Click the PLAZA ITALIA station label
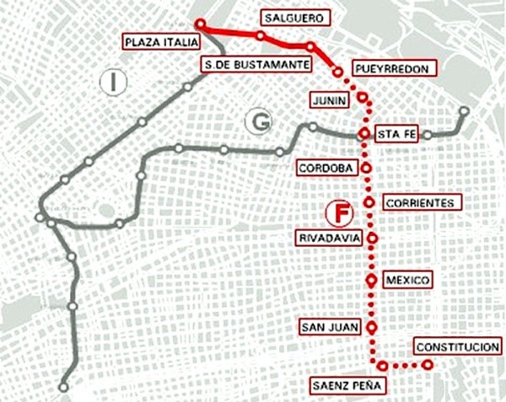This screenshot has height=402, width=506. (161, 41)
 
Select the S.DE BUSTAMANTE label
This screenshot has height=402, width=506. (256, 64)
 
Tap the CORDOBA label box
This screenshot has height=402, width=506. (325, 169)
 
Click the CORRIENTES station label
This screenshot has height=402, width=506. (422, 203)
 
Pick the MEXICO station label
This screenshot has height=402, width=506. (407, 279)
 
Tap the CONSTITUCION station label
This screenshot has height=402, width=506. (457, 348)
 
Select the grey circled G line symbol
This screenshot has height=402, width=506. (257, 122)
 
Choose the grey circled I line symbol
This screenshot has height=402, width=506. (111, 82)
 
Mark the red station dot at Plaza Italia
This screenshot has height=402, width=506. (200, 24)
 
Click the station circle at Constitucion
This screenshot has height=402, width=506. (428, 365)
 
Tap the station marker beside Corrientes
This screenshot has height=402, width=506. (369, 202)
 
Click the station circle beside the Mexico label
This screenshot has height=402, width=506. (370, 279)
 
